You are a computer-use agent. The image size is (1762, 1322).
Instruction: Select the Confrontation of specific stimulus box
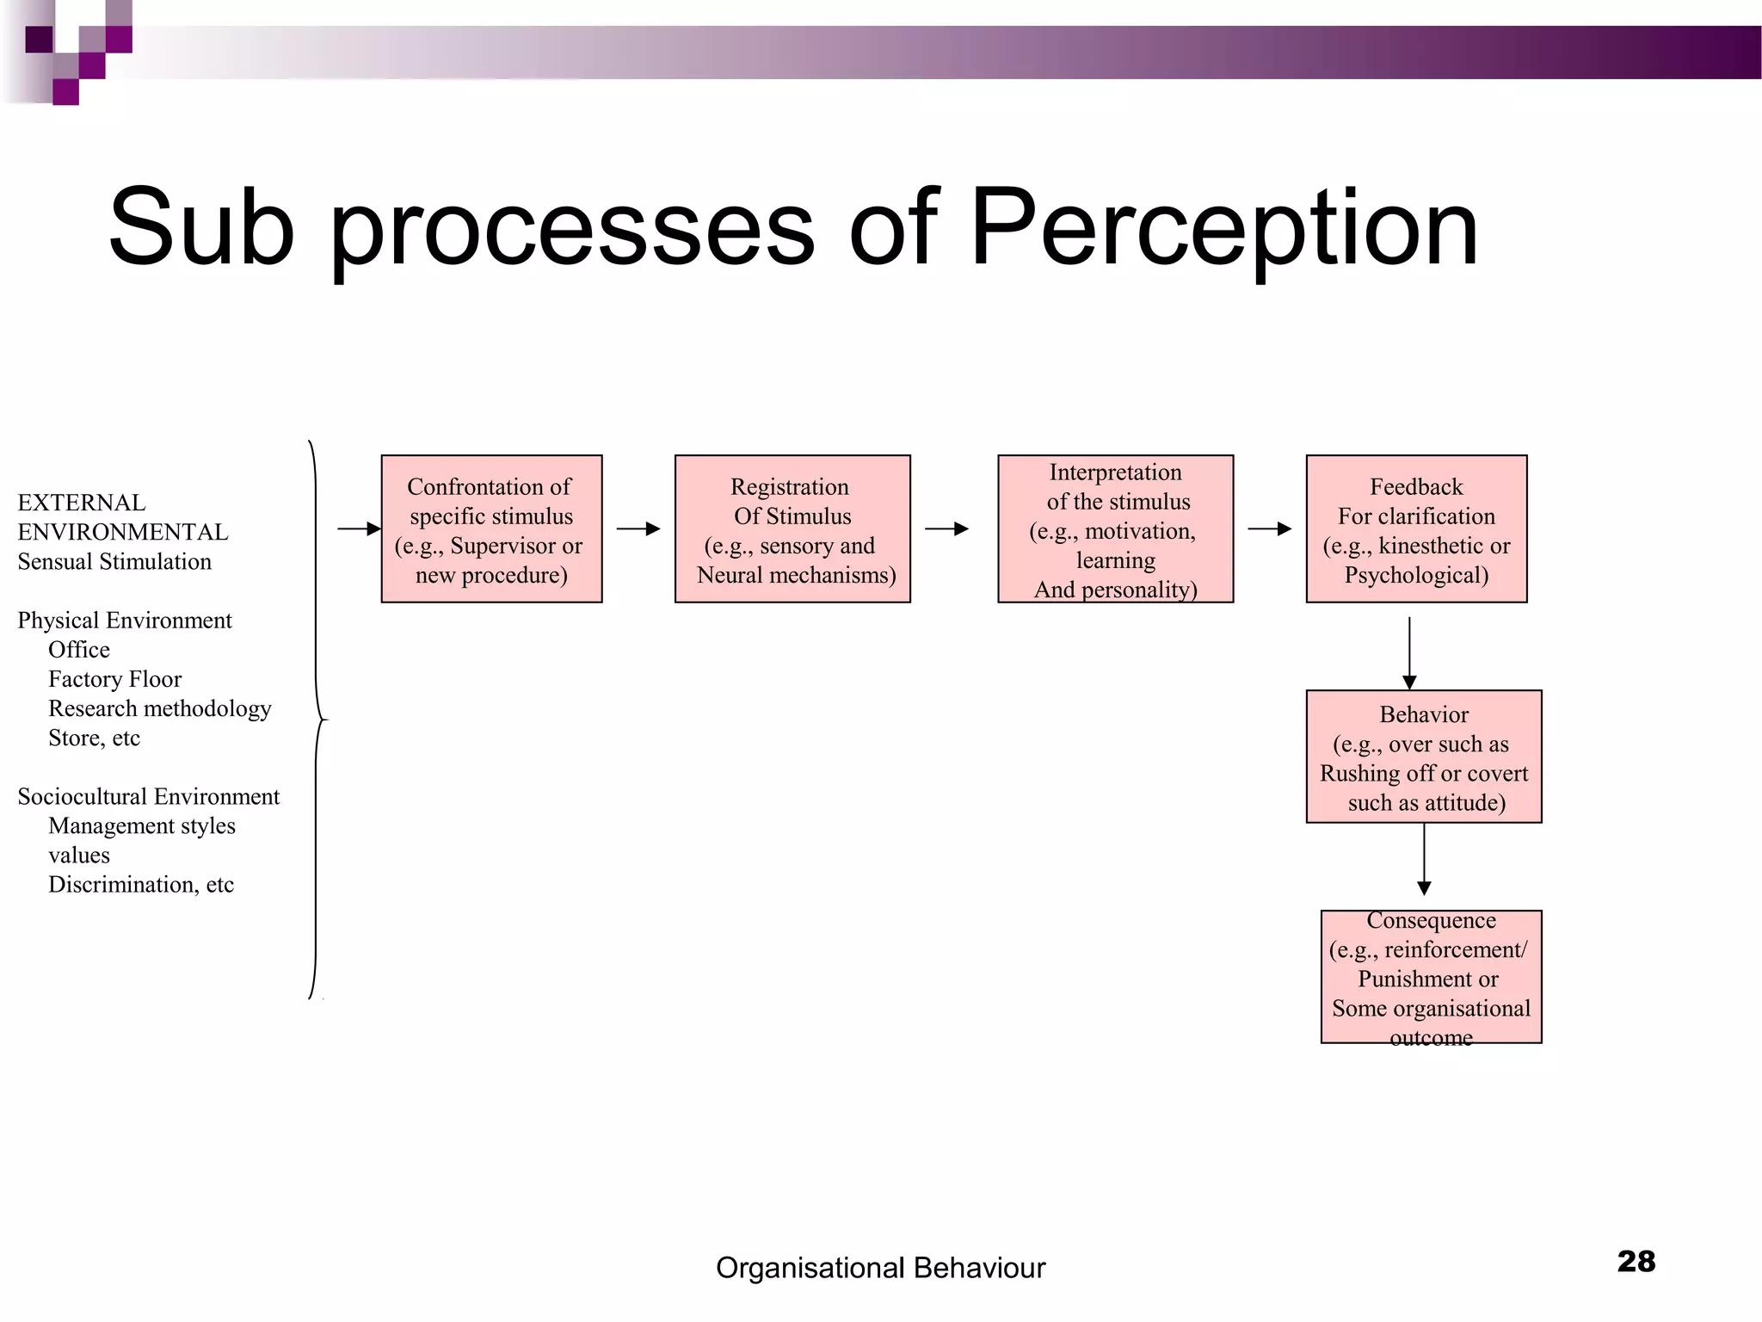491,529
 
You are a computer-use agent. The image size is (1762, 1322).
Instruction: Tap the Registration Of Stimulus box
792,529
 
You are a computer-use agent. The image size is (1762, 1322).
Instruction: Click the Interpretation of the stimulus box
1115,529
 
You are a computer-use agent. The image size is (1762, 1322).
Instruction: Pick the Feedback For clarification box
1416,529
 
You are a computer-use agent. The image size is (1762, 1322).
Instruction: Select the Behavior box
1424,757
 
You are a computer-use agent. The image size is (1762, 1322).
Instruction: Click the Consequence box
1431,977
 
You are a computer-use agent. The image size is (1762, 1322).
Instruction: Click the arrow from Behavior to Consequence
1424,859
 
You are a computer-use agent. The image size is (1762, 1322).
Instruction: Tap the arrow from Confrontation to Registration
638,528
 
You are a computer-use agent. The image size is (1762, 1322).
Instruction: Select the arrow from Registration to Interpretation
946,528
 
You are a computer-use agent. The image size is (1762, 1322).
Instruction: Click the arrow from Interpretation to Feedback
1270,528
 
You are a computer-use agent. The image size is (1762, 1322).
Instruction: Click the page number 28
1636,1262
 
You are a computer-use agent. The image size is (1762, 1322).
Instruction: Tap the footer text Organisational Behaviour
880,1269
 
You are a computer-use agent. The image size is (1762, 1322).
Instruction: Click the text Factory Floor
114,679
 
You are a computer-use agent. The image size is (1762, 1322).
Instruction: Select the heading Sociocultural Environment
148,796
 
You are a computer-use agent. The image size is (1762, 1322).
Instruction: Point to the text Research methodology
159,708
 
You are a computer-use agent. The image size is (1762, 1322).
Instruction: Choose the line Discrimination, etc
140,884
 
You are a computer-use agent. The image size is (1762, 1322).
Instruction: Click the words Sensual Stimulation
114,561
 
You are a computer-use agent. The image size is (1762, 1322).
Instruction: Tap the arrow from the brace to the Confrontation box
359,528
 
